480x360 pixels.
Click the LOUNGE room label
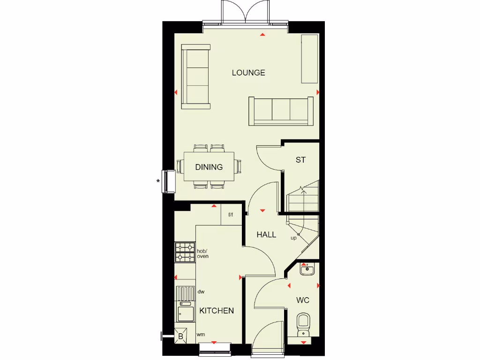pos(248,73)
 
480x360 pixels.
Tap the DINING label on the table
pos(209,167)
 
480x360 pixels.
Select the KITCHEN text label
pos(217,311)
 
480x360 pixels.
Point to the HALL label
pos(266,234)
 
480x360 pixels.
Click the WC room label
pos(303,300)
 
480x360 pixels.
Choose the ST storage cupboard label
pos(300,160)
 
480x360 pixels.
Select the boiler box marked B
pos(180,336)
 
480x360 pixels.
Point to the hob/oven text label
pos(202,254)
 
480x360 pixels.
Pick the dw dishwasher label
pos(201,292)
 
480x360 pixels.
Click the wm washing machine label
pos(201,335)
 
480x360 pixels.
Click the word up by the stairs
pos(293,238)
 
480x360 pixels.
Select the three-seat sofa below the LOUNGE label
pos(281,111)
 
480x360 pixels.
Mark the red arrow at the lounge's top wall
pos(262,35)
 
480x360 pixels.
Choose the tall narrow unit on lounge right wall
pos(309,59)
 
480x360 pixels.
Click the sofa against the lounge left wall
pos(196,77)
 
